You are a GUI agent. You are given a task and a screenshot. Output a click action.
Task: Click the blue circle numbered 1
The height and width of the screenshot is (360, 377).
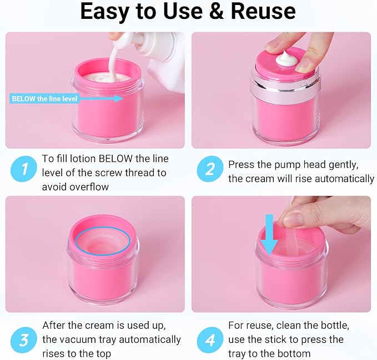coord(23,169)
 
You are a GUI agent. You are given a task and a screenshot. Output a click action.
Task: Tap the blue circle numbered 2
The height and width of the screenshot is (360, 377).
coord(210,169)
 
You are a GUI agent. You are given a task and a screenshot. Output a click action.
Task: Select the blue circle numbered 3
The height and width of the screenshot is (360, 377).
coord(23,340)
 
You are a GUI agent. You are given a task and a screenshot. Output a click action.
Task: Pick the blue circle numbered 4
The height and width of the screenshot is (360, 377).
coord(210,340)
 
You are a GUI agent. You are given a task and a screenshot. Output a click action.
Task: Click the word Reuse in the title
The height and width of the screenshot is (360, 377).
coord(263,11)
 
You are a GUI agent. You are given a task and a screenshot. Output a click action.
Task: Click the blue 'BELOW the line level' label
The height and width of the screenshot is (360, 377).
coord(44,99)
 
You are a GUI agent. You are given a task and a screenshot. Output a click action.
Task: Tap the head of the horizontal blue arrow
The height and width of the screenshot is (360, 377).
coord(119,98)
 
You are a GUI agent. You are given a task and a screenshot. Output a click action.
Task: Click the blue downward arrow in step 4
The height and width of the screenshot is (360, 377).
coord(269,234)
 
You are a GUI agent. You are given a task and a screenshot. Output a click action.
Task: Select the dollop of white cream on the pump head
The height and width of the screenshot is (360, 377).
coord(286,58)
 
